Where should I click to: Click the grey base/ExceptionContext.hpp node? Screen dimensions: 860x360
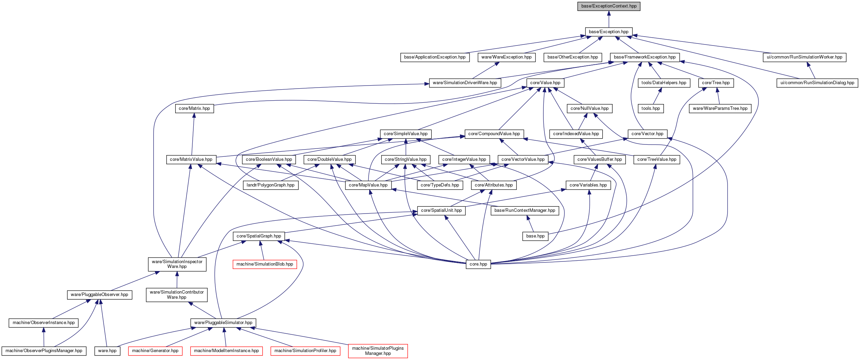pyautogui.click(x=609, y=6)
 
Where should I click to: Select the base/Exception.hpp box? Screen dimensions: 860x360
pyautogui.click(x=609, y=32)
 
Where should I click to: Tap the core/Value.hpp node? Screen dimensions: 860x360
pyautogui.click(x=545, y=83)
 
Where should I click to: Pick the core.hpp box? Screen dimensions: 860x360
pyautogui.click(x=478, y=264)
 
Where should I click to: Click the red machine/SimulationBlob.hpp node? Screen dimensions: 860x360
pyautogui.click(x=265, y=264)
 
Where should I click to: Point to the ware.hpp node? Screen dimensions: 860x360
pyautogui.click(x=107, y=351)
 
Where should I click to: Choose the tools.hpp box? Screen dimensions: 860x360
pyautogui.click(x=651, y=108)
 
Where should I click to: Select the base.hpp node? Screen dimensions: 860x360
pyautogui.click(x=535, y=236)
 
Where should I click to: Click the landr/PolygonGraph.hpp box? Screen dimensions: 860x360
pyautogui.click(x=271, y=185)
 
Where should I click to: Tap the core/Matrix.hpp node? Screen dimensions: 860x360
pyautogui.click(x=194, y=108)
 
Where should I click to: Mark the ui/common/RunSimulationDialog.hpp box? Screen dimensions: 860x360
pyautogui.click(x=817, y=83)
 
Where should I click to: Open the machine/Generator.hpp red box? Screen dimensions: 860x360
pyautogui.click(x=155, y=351)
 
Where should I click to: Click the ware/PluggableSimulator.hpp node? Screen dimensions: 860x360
pyautogui.click(x=223, y=323)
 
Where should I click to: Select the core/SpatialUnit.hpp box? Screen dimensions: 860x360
pyautogui.click(x=441, y=210)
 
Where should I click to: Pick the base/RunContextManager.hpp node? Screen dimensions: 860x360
pyautogui.click(x=525, y=210)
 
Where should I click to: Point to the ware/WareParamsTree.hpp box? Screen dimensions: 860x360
pyautogui.click(x=720, y=108)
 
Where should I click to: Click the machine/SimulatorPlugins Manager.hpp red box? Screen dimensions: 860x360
pyautogui.click(x=378, y=351)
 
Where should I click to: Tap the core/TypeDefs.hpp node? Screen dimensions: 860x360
pyautogui.click(x=440, y=185)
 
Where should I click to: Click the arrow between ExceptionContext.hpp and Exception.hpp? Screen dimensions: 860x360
pyautogui.click(x=609, y=19)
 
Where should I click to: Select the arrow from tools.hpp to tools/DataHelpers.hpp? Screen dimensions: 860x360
pyautogui.click(x=657, y=96)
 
